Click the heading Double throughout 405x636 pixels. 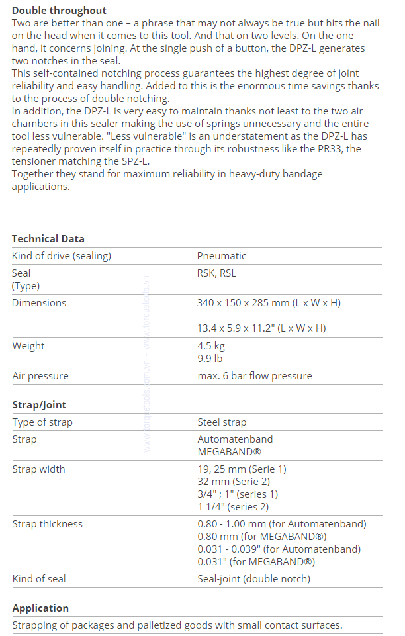pyautogui.click(x=59, y=11)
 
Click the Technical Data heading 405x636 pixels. pyautogui.click(x=48, y=239)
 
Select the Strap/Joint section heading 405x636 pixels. pyautogui.click(x=39, y=405)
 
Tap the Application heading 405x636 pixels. pyautogui.click(x=40, y=608)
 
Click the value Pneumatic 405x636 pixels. pyautogui.click(x=221, y=256)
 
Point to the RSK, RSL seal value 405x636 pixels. pyautogui.click(x=216, y=273)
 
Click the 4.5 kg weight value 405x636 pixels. pyautogui.click(x=211, y=346)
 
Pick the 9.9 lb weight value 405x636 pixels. pyautogui.click(x=210, y=359)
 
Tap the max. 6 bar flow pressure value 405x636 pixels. pyautogui.click(x=254, y=376)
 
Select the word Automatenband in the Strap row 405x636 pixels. pyautogui.click(x=235, y=439)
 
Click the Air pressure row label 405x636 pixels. pyautogui.click(x=40, y=376)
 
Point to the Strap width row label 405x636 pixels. pyautogui.click(x=39, y=469)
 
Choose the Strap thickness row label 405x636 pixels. pyautogui.click(x=48, y=524)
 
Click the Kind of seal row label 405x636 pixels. pyautogui.click(x=39, y=579)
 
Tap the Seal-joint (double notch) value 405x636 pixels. pyautogui.click(x=253, y=579)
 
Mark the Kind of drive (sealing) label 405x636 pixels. pyautogui.click(x=62, y=256)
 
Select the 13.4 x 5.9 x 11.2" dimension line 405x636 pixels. pyautogui.click(x=261, y=328)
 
